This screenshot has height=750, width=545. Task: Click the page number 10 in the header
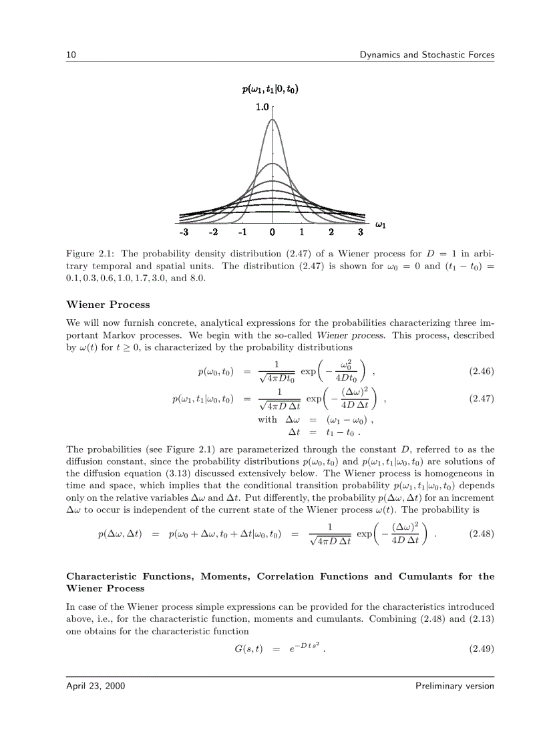pyautogui.click(x=70, y=55)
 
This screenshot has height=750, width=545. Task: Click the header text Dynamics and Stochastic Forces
pyautogui.click(x=427, y=55)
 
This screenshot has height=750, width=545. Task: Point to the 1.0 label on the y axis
pyautogui.click(x=262, y=107)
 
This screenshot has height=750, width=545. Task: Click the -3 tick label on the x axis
pyautogui.click(x=184, y=232)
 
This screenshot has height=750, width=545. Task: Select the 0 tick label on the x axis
pyautogui.click(x=272, y=232)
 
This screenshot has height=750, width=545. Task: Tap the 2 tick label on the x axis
pyautogui.click(x=331, y=232)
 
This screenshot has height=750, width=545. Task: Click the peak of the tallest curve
pyautogui.click(x=272, y=120)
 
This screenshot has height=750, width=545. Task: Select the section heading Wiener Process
pyautogui.click(x=108, y=305)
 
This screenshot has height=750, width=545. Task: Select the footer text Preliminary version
pyautogui.click(x=454, y=686)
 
